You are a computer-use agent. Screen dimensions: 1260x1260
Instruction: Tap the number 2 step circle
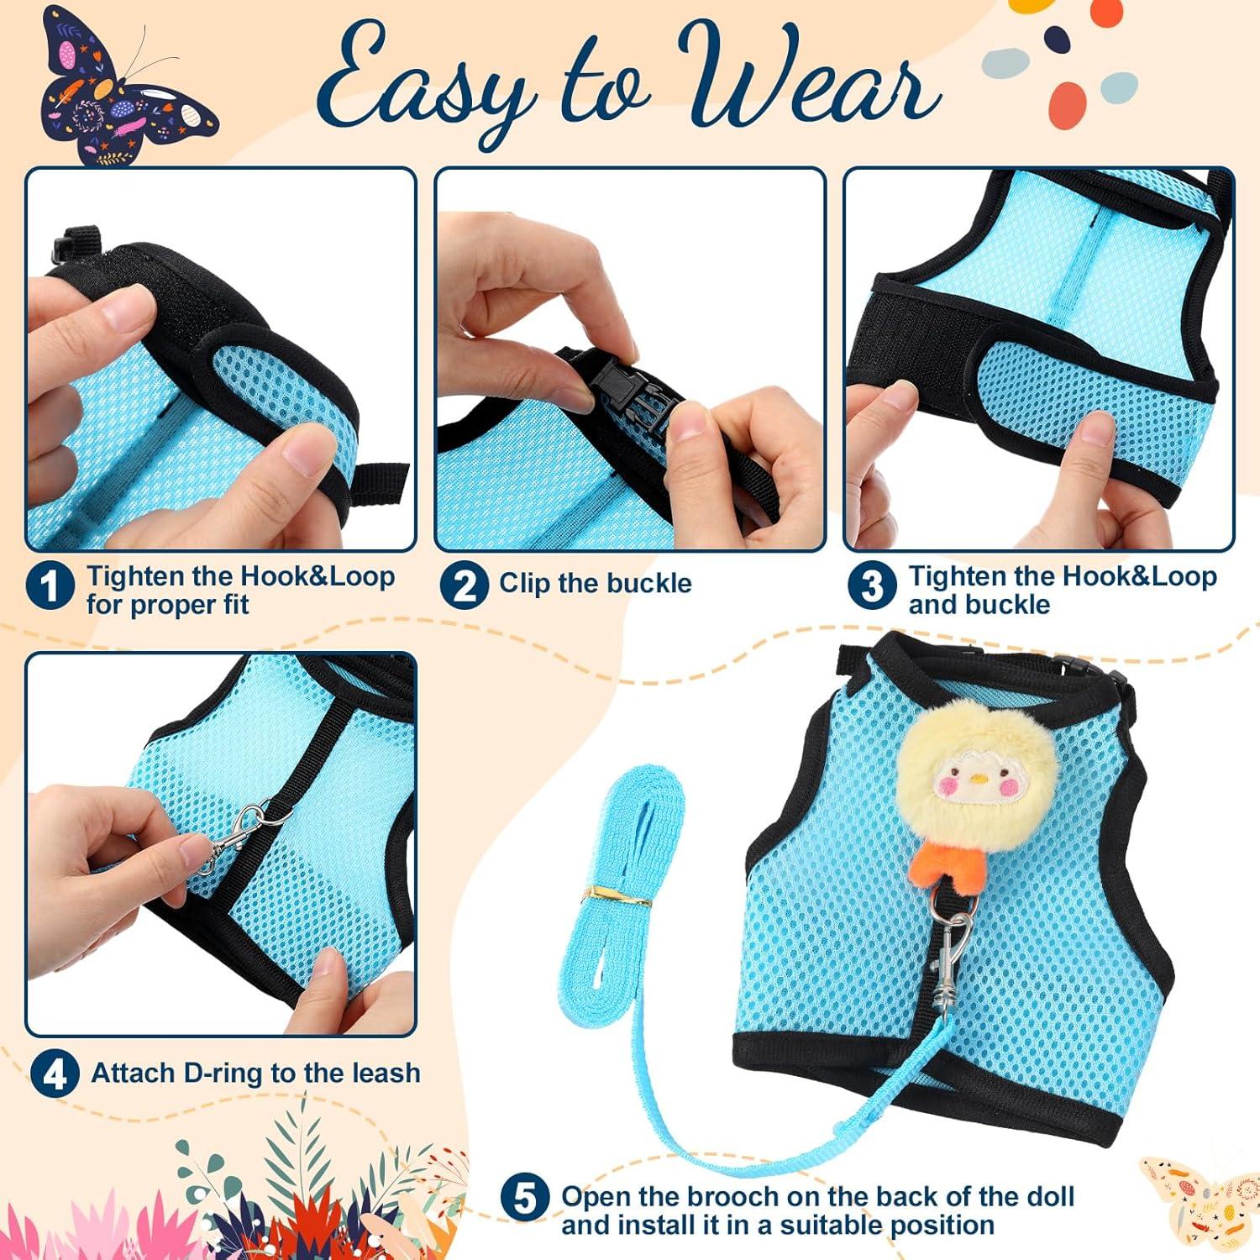pos(464,585)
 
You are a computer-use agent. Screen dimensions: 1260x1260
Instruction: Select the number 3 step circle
pos(872,585)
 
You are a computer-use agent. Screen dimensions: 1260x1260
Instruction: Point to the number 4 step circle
pos(55,1074)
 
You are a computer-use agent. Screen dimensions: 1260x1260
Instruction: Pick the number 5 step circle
pos(525,1198)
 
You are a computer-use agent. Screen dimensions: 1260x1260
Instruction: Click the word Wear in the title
pos(806,84)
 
